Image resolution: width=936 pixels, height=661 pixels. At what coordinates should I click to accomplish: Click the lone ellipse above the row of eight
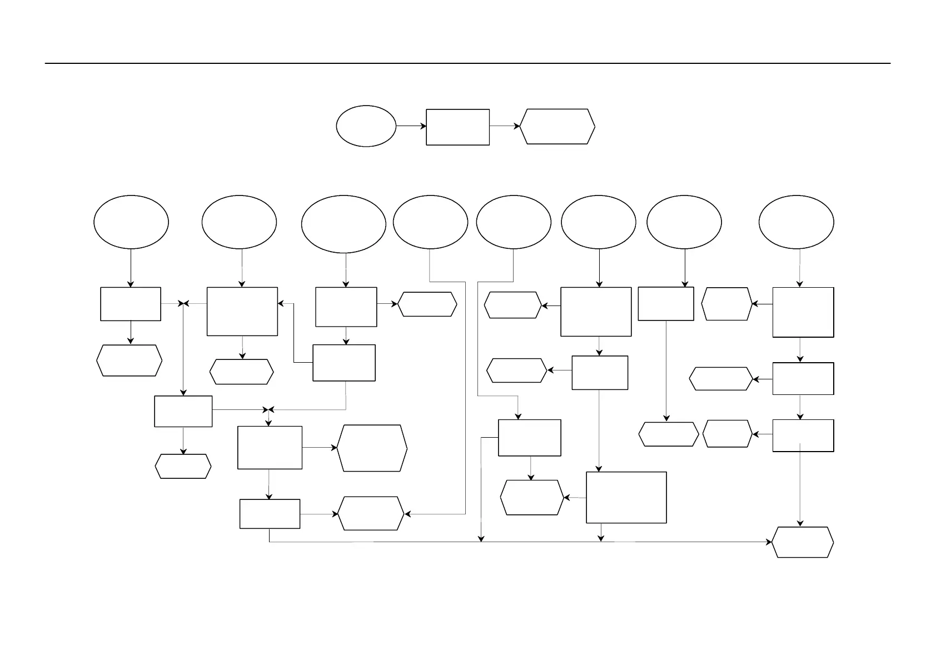tap(366, 126)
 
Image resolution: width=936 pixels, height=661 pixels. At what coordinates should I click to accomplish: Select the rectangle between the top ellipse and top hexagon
tap(457, 127)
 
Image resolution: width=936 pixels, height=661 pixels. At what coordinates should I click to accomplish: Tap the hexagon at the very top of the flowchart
tap(557, 127)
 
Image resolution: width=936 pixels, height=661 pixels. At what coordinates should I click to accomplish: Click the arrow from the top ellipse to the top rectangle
tap(411, 126)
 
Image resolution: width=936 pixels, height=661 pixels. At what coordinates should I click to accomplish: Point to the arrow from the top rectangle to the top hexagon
tap(505, 126)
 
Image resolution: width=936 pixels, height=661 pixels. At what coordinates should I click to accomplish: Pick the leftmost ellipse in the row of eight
tap(131, 222)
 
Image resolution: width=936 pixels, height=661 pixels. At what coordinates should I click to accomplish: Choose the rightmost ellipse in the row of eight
tap(796, 222)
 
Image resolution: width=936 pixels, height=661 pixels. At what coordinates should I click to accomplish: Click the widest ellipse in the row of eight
tap(343, 224)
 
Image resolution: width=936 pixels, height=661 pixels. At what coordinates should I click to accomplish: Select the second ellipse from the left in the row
tap(239, 222)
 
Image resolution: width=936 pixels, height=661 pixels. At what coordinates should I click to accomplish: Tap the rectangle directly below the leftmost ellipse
tap(131, 304)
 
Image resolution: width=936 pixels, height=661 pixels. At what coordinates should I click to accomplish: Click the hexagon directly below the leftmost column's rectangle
tap(130, 360)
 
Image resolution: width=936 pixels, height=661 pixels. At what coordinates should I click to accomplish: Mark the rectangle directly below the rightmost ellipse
tap(803, 312)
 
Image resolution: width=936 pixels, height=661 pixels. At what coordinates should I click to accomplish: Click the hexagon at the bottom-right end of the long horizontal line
tap(803, 542)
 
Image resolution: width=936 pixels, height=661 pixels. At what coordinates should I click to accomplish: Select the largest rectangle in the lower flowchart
tap(626, 497)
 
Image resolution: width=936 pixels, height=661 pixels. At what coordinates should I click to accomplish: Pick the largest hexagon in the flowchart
tap(372, 448)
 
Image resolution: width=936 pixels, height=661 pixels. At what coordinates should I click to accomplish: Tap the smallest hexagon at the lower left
tap(183, 466)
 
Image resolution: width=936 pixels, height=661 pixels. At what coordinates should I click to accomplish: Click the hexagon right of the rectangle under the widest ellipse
tap(427, 304)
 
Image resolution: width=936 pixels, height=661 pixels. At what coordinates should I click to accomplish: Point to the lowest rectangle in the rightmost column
tap(803, 435)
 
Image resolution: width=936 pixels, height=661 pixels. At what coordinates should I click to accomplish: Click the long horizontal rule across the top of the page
tap(467, 63)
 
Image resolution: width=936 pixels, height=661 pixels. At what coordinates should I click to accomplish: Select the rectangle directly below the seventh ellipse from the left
tap(666, 304)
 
